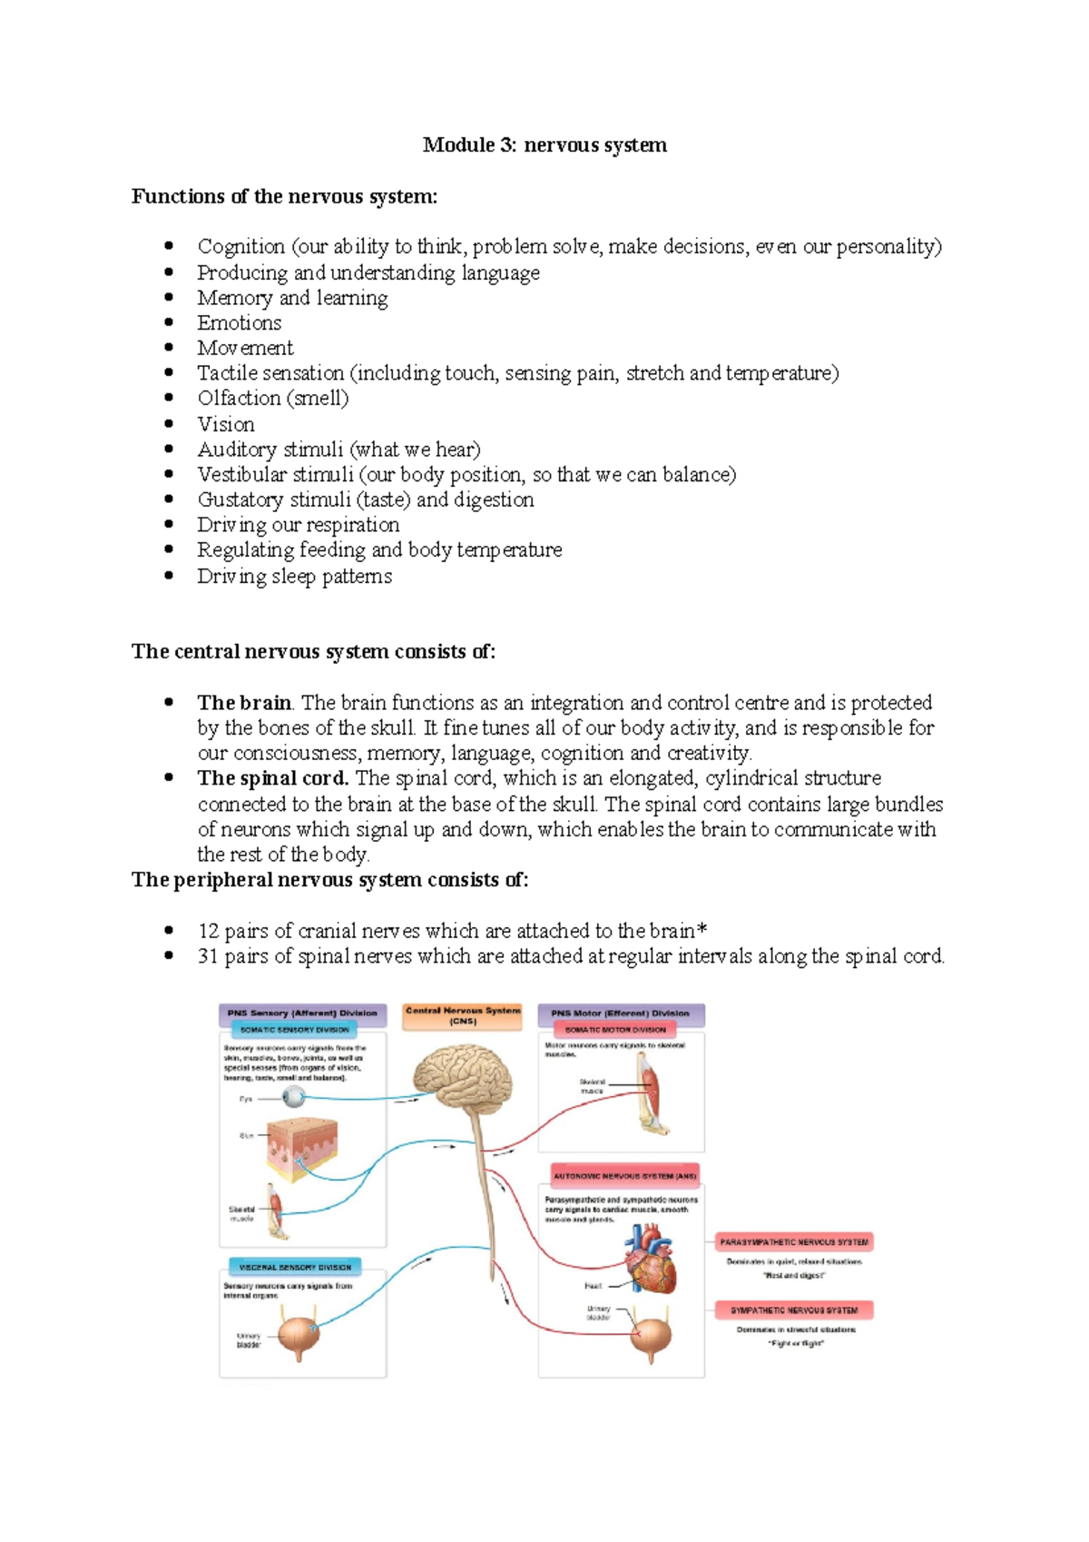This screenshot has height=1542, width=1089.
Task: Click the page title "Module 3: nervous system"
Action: (x=544, y=145)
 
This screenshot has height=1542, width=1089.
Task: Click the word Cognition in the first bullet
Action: (x=241, y=247)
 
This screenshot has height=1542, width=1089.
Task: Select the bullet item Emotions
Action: (x=240, y=323)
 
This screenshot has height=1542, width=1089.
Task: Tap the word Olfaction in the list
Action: (x=239, y=399)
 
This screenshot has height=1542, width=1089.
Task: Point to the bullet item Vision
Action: (x=226, y=424)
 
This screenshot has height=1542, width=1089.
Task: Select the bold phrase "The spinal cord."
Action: (x=272, y=778)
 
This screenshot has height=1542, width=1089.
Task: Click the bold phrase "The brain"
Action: (x=244, y=703)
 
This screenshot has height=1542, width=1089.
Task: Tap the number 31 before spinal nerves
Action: (x=208, y=956)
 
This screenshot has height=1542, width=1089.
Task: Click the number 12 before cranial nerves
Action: (x=208, y=931)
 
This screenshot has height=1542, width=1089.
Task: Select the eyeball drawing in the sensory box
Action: (x=294, y=1098)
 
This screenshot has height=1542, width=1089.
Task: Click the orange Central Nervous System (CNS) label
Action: (x=463, y=1016)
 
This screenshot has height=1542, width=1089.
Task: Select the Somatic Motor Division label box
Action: (x=615, y=1030)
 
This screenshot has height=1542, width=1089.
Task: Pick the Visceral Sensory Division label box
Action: (x=295, y=1267)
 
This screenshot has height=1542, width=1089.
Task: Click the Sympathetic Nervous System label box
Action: (x=794, y=1310)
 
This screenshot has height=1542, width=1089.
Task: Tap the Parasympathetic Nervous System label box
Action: (x=794, y=1241)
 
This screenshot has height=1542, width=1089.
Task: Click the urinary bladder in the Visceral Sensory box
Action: (x=298, y=1334)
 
